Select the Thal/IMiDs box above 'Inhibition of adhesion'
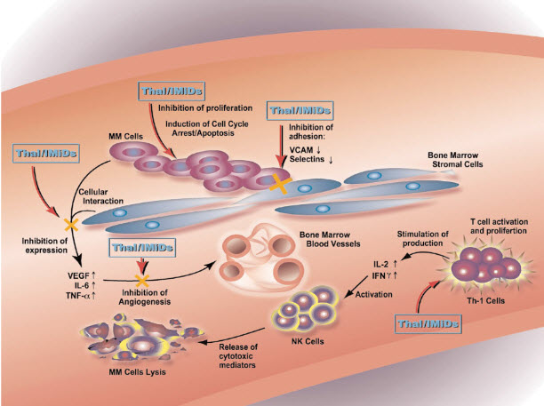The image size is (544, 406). (301, 111)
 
